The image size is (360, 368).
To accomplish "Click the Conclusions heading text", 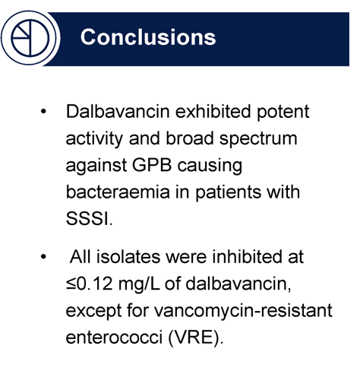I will point(148,36).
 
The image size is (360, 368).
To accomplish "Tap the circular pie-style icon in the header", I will point(29,36).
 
